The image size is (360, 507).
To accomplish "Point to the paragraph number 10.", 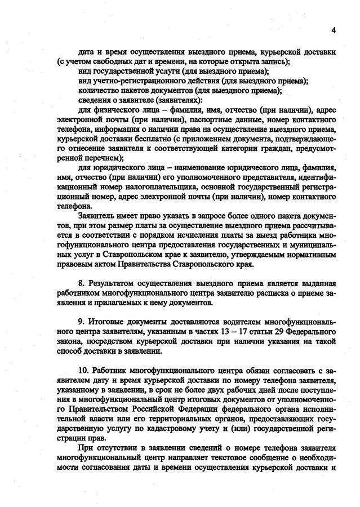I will tap(83, 371).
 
